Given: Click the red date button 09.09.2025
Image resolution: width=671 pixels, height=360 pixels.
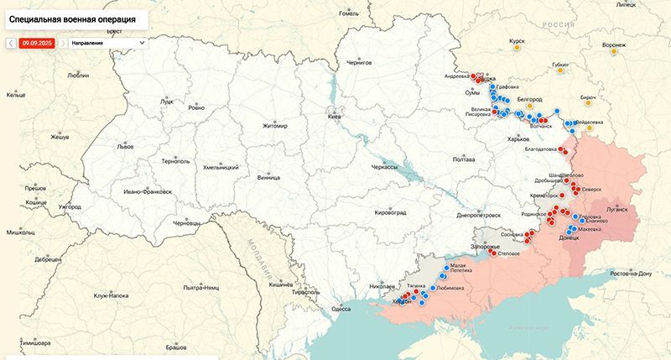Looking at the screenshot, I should click(x=36, y=42).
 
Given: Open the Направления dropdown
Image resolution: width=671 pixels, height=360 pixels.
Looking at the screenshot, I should click(x=107, y=42).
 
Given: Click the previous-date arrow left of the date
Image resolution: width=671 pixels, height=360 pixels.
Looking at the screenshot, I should click(x=10, y=42).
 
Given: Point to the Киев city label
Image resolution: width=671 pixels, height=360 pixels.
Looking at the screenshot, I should click(x=335, y=116).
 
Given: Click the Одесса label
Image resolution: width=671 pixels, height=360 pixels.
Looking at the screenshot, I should click(x=341, y=309).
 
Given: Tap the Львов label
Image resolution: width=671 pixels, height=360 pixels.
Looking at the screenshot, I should click(x=125, y=146).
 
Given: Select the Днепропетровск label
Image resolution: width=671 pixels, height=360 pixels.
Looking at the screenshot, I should click(x=479, y=215).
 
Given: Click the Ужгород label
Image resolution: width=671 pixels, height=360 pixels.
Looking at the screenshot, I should click(x=70, y=206).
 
